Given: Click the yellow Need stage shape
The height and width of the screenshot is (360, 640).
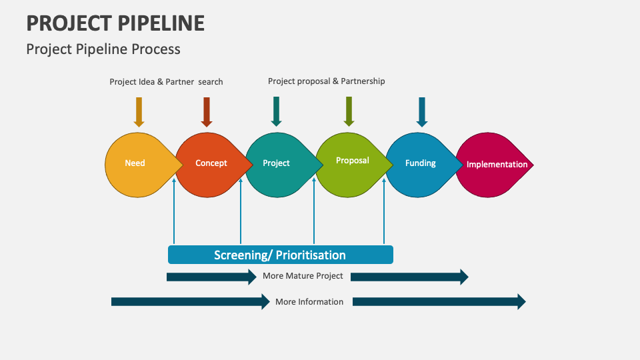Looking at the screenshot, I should point(137,164).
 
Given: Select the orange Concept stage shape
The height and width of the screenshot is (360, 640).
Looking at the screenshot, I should point(208,164).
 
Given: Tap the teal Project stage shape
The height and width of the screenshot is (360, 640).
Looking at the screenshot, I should point(277,164).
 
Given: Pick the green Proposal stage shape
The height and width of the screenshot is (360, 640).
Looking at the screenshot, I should point(349,163).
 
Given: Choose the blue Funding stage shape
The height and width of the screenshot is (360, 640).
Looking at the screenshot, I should point(419,164).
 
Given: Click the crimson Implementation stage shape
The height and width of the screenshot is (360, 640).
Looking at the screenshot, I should point(493,165).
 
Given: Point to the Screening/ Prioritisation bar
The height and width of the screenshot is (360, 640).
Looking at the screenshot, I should point(280,255).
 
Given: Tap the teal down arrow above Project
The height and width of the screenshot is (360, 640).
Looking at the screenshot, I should point(276,111).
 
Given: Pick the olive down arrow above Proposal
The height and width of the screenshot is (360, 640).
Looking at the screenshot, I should point(348,111).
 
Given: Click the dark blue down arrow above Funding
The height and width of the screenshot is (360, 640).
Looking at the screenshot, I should point(421,111).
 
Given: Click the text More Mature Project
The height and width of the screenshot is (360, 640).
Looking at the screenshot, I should point(303,276).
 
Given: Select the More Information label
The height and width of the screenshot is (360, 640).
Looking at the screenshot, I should point(309,302).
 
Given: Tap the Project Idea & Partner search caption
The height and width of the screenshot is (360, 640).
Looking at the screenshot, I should point(166,82).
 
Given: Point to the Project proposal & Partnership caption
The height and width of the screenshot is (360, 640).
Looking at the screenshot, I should point(327,81).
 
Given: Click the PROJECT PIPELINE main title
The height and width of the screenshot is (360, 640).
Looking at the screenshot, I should point(115,23).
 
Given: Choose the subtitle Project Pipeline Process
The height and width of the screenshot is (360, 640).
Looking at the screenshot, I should point(103,49).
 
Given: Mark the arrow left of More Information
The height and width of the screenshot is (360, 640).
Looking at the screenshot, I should point(190,302).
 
